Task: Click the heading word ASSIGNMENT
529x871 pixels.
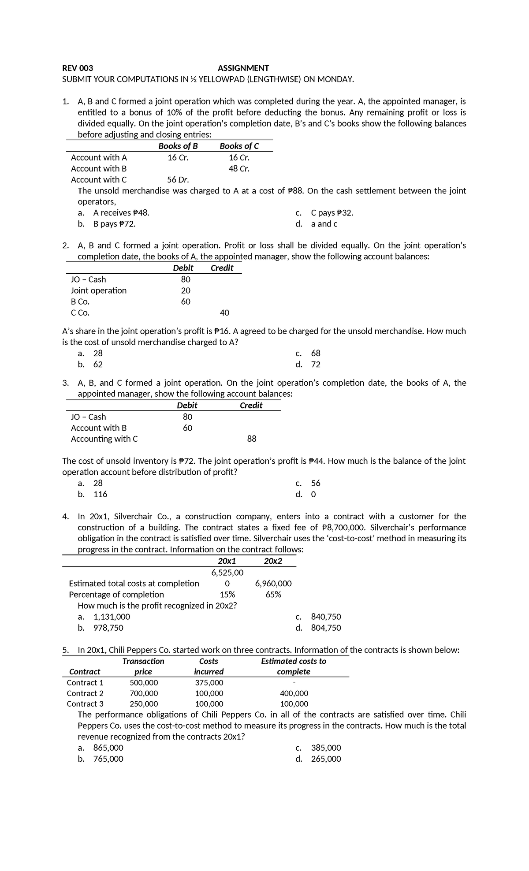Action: pos(243,68)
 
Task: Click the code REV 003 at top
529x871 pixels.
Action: pos(78,68)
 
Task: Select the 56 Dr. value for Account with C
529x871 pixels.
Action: pos(178,179)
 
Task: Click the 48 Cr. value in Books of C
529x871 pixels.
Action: pos(239,168)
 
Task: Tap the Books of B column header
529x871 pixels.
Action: pos(178,146)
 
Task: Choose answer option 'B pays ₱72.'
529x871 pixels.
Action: pos(114,224)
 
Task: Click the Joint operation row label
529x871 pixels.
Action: pos(99,290)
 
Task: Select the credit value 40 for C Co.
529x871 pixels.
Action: pos(224,313)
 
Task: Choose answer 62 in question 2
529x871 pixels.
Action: pos(98,365)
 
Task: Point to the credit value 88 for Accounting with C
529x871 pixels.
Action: pos(252,439)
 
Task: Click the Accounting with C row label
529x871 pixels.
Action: pos(104,439)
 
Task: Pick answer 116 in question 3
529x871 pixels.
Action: pos(100,494)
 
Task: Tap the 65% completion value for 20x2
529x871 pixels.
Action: pos(273,595)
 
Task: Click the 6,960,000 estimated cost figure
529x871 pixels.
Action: pos(273,584)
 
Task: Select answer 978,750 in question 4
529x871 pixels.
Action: pos(108,628)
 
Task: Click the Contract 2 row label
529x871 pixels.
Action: pos(85,693)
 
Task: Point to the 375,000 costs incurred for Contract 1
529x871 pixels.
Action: pos(209,683)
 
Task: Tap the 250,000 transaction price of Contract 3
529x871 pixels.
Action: pos(144,704)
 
